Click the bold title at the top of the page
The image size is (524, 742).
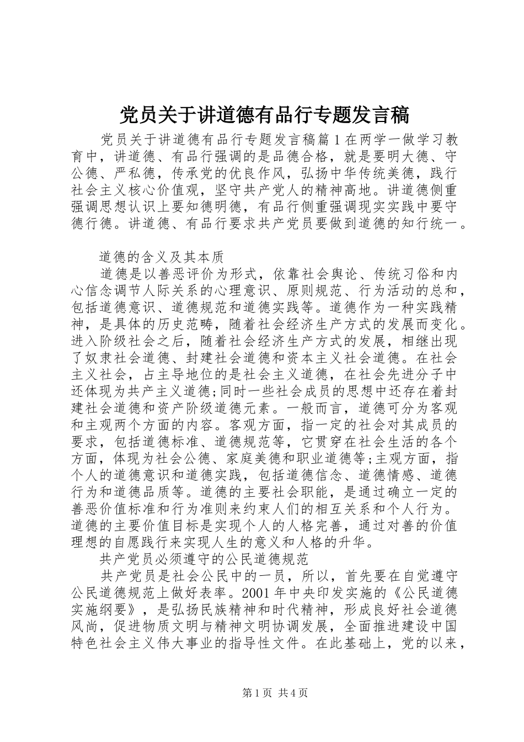264,115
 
